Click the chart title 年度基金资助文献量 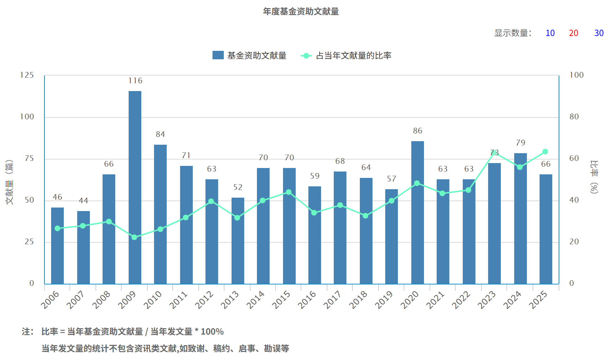[x=301, y=12]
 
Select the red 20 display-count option [x=573, y=33]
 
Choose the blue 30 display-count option [x=599, y=33]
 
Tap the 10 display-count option [x=550, y=33]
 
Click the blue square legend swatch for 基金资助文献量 [x=218, y=55]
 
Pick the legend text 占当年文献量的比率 [x=353, y=56]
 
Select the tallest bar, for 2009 [x=135, y=187]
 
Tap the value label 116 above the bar [x=135, y=81]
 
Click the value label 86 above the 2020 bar [x=418, y=131]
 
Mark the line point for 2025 [x=545, y=152]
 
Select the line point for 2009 [x=134, y=237]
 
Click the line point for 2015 [x=289, y=192]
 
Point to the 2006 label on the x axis [x=50, y=300]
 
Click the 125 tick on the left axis [x=27, y=75]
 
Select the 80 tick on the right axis [x=574, y=117]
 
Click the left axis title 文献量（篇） [x=10, y=182]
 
